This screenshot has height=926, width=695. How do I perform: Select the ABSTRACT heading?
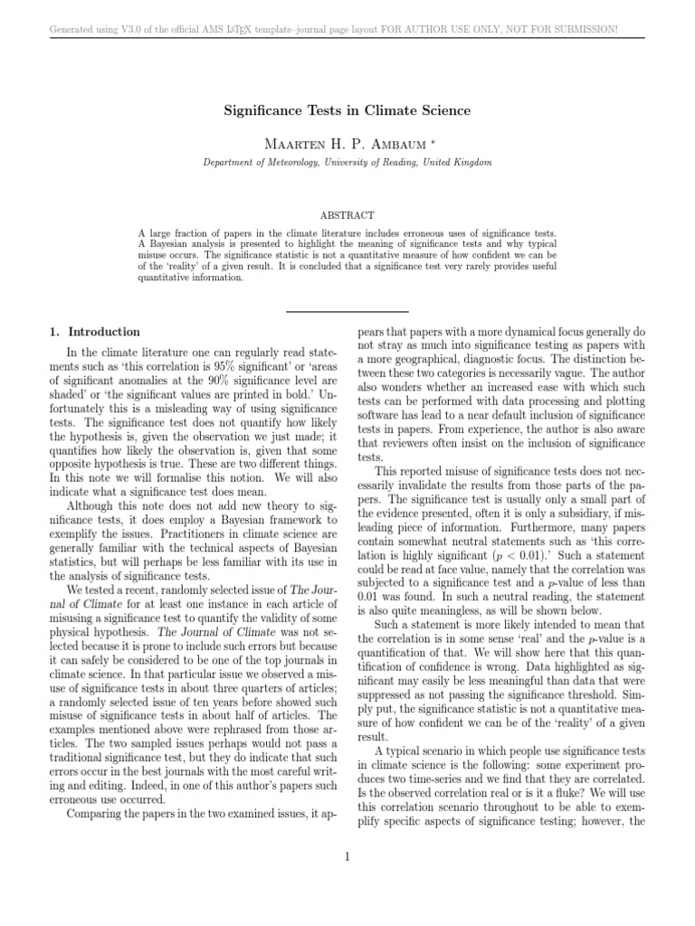pyautogui.click(x=347, y=216)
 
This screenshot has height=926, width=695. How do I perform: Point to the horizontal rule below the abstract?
pyautogui.click(x=347, y=311)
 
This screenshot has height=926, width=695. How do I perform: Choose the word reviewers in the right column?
pyautogui.click(x=405, y=444)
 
